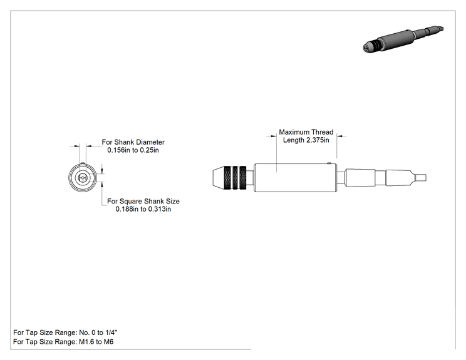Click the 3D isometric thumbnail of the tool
click(x=403, y=39)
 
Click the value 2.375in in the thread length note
click(x=318, y=140)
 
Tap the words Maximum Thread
click(x=306, y=132)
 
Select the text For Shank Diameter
click(x=133, y=142)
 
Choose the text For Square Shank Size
click(x=143, y=202)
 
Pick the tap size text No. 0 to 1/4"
click(x=98, y=332)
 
